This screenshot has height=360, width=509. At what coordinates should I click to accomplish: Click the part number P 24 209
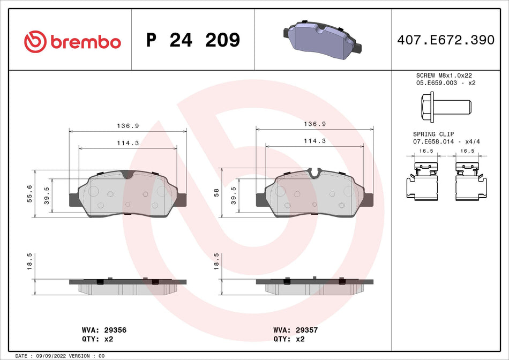193,40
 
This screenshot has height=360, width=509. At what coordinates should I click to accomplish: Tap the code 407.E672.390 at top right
445,40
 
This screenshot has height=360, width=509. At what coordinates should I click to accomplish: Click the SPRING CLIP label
433,134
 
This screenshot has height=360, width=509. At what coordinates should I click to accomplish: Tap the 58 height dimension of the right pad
216,192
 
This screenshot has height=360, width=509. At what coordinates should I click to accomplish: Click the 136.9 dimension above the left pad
128,126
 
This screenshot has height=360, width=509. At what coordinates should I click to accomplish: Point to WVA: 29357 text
295,331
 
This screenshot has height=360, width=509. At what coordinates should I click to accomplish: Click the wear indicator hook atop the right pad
315,172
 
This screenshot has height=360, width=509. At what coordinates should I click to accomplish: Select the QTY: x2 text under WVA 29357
290,339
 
